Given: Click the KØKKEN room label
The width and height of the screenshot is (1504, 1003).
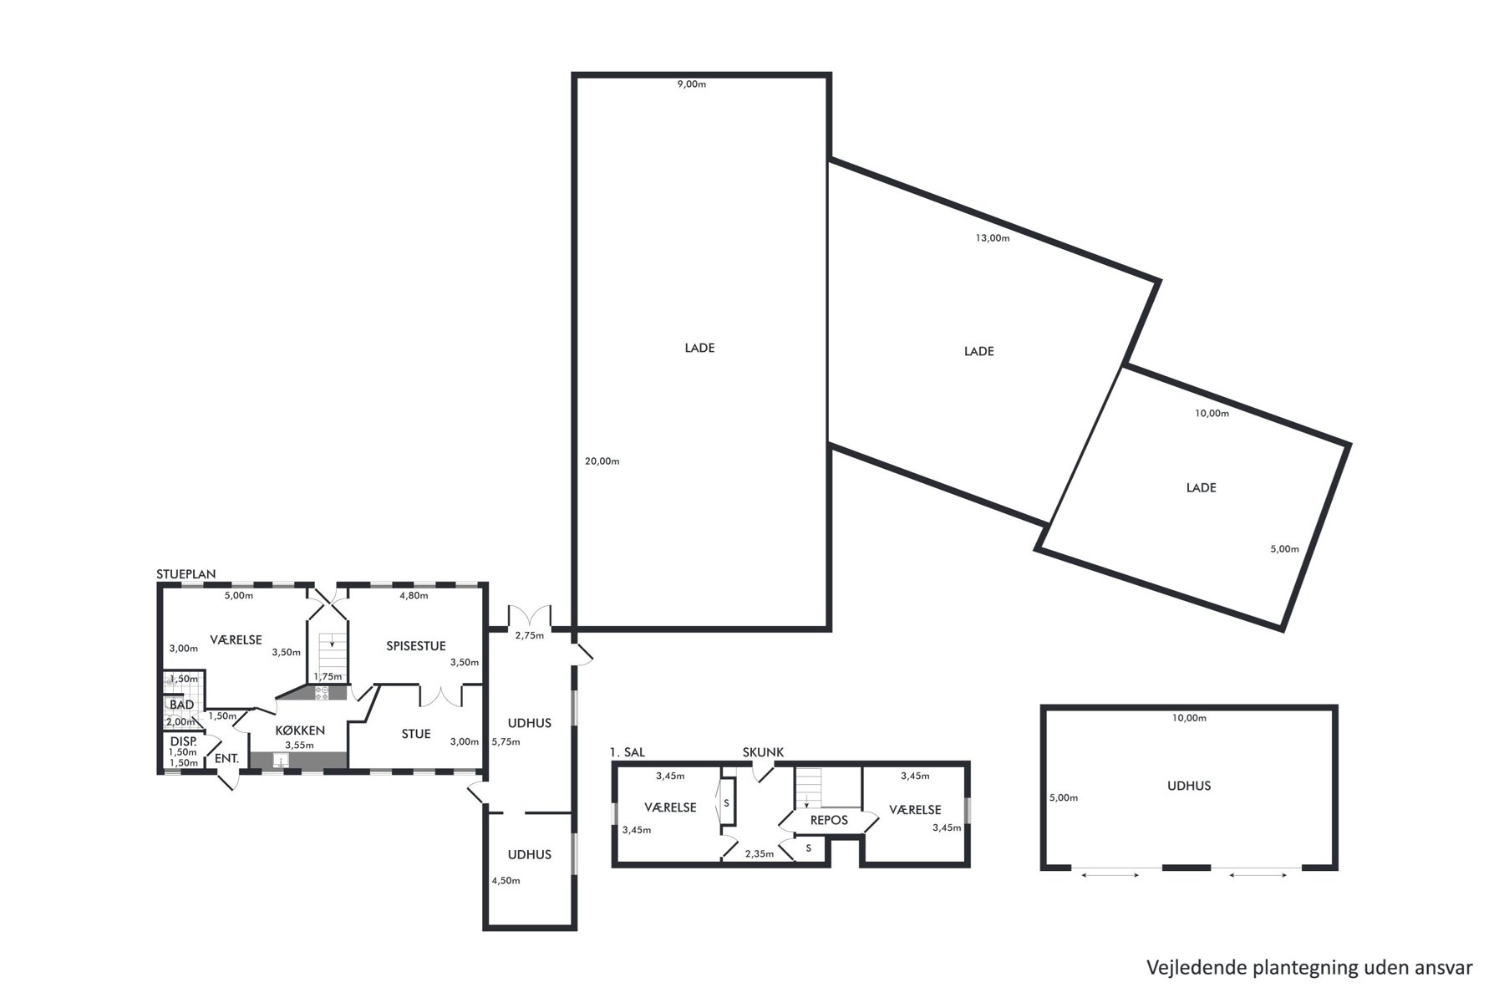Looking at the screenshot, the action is (x=299, y=731).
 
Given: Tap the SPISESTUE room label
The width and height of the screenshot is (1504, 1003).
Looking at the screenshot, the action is (x=416, y=646).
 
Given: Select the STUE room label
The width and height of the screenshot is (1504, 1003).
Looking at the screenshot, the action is (x=416, y=734).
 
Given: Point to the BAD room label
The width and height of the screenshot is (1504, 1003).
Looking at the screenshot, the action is (x=182, y=705).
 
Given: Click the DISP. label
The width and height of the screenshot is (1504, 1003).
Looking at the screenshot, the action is (x=183, y=741).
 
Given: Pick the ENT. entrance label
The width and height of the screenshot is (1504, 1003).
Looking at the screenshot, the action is (x=227, y=759).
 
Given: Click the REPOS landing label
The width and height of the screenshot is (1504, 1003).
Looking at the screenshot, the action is (x=829, y=820).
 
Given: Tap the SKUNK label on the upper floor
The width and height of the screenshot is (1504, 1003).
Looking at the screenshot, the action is (x=763, y=752).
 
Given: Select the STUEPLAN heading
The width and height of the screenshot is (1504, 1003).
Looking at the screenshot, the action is (x=186, y=574).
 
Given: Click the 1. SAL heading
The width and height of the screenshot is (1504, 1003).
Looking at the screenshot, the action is (x=628, y=752).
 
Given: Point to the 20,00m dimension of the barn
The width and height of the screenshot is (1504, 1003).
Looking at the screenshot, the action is (x=602, y=461).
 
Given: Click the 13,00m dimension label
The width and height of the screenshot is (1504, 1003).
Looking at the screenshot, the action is (x=993, y=238).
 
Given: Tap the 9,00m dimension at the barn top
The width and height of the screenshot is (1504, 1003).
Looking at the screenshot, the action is (x=692, y=84).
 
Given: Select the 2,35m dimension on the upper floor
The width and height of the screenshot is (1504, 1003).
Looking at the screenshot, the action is (x=760, y=854).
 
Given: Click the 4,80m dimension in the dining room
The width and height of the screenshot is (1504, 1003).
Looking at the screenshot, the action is (x=414, y=596).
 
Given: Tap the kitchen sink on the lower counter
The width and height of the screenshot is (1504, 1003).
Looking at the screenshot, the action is (x=282, y=761).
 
